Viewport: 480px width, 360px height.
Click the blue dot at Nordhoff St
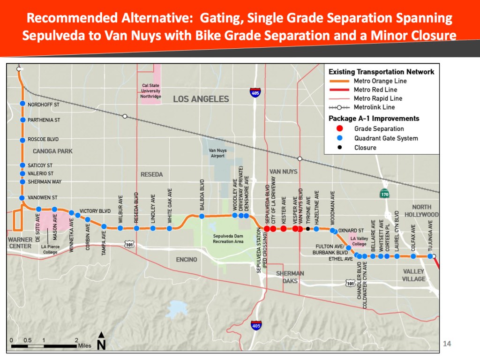point(22,104)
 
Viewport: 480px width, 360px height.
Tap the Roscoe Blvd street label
point(43,140)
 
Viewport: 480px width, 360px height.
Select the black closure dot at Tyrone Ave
point(307,229)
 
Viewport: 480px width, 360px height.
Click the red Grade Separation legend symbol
point(340,128)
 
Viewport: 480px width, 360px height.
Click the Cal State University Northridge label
point(151,90)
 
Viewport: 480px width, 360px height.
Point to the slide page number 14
point(447,344)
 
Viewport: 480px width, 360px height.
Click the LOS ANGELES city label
point(201,99)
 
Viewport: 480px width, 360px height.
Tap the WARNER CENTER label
point(20,243)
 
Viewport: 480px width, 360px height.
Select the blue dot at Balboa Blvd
point(202,216)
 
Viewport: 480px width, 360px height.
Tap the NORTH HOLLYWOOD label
point(425,211)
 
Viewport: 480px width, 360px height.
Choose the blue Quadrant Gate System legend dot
point(340,138)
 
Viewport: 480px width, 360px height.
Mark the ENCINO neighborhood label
point(186,259)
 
